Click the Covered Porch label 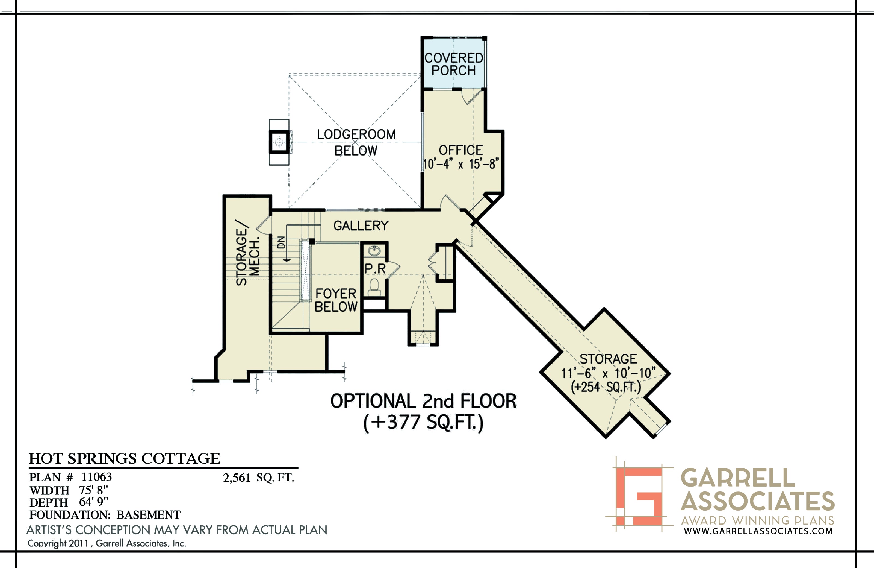pos(454,64)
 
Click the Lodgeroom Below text pos(356,142)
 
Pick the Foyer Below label pos(336,300)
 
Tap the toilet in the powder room pos(374,287)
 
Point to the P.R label pos(375,269)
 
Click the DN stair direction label pos(281,242)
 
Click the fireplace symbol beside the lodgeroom pos(279,142)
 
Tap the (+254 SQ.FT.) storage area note pos(606,387)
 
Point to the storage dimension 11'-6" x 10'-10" pos(608,373)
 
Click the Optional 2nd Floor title pos(423,401)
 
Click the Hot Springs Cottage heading pos(125,458)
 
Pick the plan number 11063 pos(97,477)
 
